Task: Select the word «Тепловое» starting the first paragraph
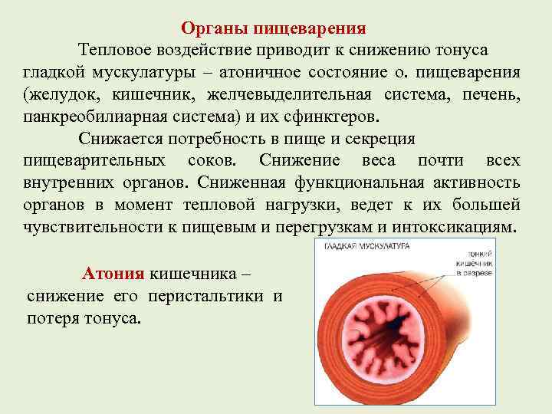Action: tap(114, 51)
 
